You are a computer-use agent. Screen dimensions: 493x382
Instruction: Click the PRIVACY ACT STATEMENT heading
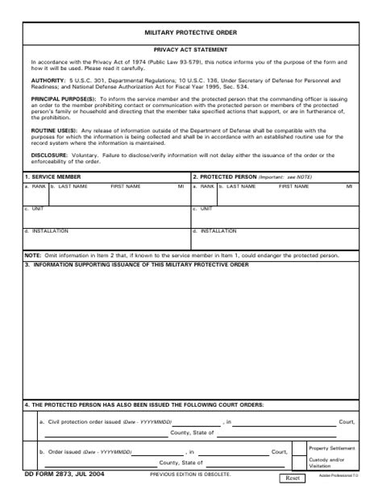click(191, 50)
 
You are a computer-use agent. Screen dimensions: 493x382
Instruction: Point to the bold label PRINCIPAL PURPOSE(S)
click(64, 98)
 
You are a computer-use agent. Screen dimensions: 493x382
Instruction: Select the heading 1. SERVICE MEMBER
click(52, 176)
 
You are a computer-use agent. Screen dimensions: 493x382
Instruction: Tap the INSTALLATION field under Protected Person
click(274, 239)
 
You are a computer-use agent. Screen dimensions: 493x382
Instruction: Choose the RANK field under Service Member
click(35, 194)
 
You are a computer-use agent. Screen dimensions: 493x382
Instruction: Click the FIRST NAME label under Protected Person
click(293, 186)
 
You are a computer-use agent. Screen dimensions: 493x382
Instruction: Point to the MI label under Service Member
click(181, 186)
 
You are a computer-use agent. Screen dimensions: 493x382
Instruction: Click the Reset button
click(293, 478)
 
